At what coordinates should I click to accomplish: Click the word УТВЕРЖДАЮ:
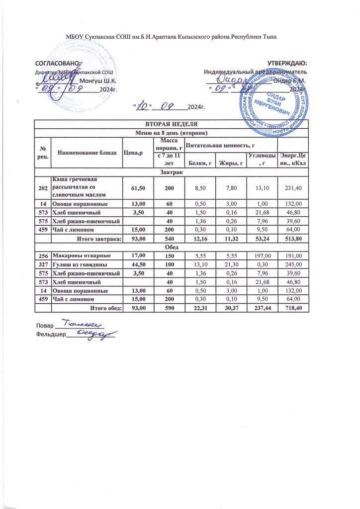pyautogui.click(x=287, y=63)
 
